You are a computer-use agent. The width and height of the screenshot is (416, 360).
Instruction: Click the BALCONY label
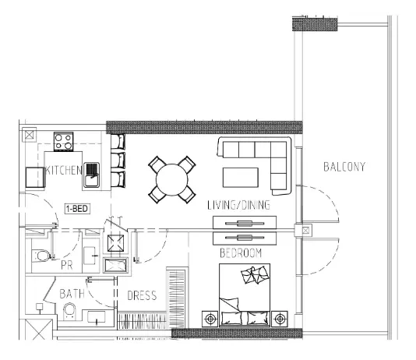[344, 167]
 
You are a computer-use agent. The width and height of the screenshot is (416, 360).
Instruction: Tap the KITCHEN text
[64, 170]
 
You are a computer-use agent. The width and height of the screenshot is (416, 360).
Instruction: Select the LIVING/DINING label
[239, 205]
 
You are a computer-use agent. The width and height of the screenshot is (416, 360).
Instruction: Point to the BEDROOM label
[241, 252]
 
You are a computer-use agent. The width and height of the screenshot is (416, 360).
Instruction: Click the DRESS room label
[142, 295]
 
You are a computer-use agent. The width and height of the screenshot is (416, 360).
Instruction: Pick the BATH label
[72, 294]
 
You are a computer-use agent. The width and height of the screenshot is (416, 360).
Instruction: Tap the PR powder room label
[66, 265]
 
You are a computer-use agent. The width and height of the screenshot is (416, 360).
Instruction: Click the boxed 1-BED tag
[77, 209]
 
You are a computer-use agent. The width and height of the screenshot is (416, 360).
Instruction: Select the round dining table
[172, 180]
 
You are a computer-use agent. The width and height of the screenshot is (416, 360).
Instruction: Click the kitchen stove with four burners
[64, 141]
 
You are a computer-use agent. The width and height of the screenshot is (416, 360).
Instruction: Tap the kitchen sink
[91, 175]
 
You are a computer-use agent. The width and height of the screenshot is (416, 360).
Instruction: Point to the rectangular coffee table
[241, 178]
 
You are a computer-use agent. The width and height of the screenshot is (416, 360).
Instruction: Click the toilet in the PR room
[42, 256]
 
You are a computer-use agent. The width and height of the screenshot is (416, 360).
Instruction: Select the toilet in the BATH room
[70, 311]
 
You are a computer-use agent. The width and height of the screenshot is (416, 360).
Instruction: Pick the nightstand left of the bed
[210, 319]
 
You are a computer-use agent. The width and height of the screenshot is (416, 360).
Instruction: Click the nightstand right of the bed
[280, 319]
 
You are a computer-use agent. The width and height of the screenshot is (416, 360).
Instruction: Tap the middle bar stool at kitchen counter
[118, 161]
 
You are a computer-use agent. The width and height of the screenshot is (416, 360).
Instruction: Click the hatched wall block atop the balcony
[315, 23]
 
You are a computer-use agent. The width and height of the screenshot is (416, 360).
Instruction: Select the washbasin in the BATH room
[97, 317]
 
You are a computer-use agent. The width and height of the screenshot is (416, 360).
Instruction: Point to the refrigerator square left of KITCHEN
[35, 177]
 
